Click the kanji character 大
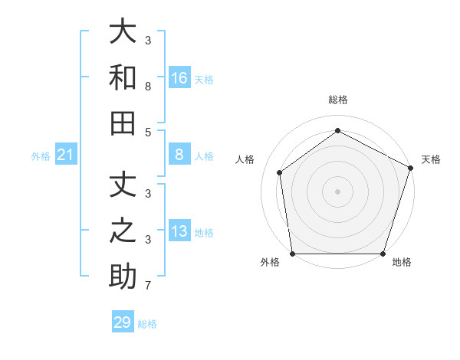coord(123,32)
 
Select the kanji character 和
coord(123,77)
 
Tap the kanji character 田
coord(123,123)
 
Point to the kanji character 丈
coord(123,185)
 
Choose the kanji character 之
coord(123,231)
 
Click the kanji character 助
coord(123,277)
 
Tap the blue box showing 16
coord(179,77)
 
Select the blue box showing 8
coord(179,155)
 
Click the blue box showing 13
coord(179,231)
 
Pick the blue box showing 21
coord(66,155)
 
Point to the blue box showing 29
coord(123,322)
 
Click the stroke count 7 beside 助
coord(147,286)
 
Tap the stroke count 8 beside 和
coord(147,87)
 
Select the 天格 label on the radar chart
coord(431,159)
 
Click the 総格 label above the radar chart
coord(338,100)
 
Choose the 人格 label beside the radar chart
coord(245,159)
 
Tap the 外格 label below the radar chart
coord(270,263)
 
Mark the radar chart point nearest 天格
coord(410,168)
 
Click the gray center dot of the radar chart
coord(338,191)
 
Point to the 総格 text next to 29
coord(147,324)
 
